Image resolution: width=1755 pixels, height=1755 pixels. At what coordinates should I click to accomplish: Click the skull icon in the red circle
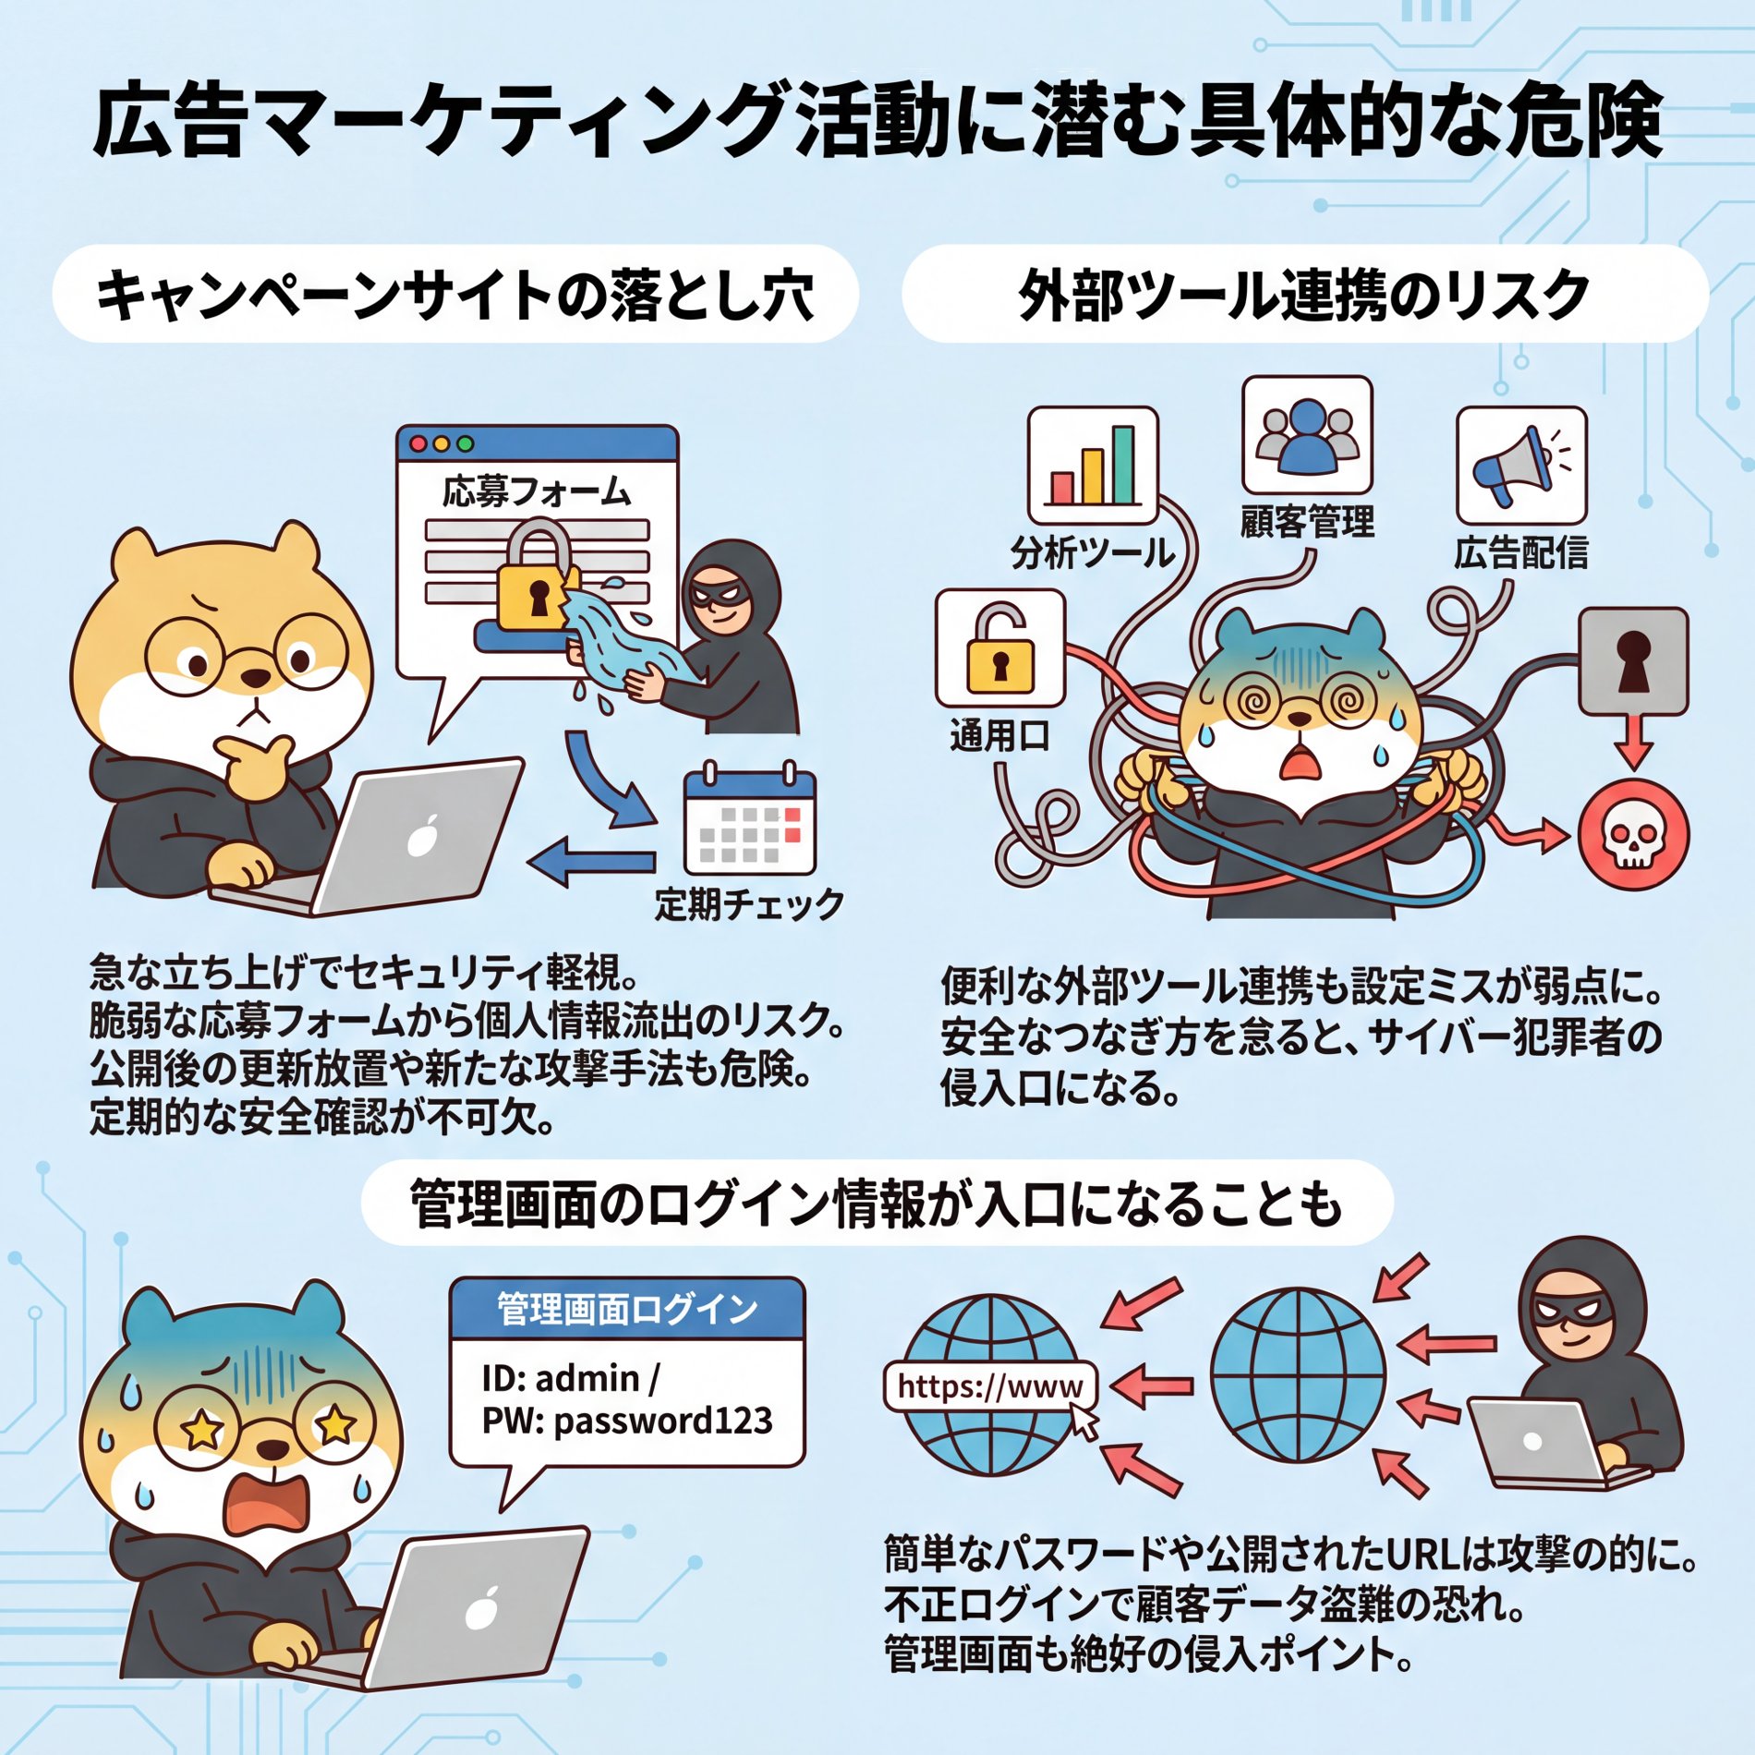pyautogui.click(x=1633, y=835)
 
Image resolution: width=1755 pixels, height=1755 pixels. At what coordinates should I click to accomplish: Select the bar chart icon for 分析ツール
pyautogui.click(x=1093, y=466)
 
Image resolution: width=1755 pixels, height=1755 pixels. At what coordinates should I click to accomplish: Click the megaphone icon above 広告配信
pyautogui.click(x=1521, y=466)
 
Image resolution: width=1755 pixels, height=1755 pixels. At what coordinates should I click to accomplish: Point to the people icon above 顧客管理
pyautogui.click(x=1307, y=435)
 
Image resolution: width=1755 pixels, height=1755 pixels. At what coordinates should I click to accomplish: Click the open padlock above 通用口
pyautogui.click(x=999, y=648)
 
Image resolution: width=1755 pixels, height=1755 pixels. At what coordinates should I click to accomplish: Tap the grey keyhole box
pyautogui.click(x=1633, y=660)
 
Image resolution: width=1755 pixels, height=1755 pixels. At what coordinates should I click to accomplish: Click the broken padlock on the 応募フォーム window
pyautogui.click(x=535, y=575)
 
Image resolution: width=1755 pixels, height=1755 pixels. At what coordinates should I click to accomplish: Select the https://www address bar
pyautogui.click(x=990, y=1386)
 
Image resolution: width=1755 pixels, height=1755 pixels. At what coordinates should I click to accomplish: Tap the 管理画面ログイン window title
pyautogui.click(x=627, y=1309)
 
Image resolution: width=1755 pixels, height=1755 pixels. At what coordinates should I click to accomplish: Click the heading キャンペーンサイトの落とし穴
pyautogui.click(x=455, y=296)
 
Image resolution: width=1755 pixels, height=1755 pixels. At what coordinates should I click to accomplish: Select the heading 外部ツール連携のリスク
pyautogui.click(x=1303, y=296)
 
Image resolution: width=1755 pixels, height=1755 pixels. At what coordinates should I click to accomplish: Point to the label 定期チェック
pyautogui.click(x=749, y=903)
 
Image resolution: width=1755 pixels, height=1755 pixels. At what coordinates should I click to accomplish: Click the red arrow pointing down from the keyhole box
pyautogui.click(x=1633, y=742)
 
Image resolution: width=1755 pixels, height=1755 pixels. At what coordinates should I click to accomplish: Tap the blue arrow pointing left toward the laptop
pyautogui.click(x=591, y=863)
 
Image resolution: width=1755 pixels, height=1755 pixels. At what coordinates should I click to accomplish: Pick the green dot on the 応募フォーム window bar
pyautogui.click(x=466, y=444)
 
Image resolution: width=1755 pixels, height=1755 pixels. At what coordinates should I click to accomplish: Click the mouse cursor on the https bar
pyautogui.click(x=1084, y=1422)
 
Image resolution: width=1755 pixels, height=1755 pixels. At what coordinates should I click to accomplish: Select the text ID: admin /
pyautogui.click(x=570, y=1378)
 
